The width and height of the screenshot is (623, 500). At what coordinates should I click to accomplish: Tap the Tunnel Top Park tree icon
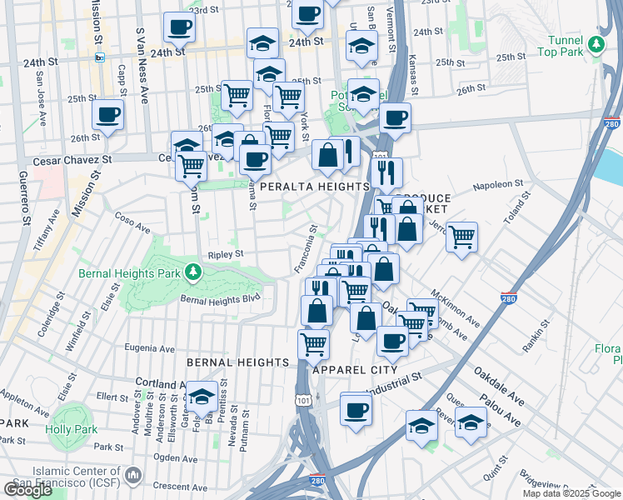pos(596,45)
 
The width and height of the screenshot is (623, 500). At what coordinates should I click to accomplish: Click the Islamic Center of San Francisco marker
pos(132,477)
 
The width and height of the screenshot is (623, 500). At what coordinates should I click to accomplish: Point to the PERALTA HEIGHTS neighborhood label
pos(314,187)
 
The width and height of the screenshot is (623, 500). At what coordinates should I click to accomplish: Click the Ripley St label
pos(225,254)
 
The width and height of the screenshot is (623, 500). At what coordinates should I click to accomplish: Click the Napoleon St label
pos(498,185)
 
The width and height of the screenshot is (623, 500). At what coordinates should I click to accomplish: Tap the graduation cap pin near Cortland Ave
pos(201,397)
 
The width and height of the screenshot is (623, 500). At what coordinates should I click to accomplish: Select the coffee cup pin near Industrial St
pos(356,409)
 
